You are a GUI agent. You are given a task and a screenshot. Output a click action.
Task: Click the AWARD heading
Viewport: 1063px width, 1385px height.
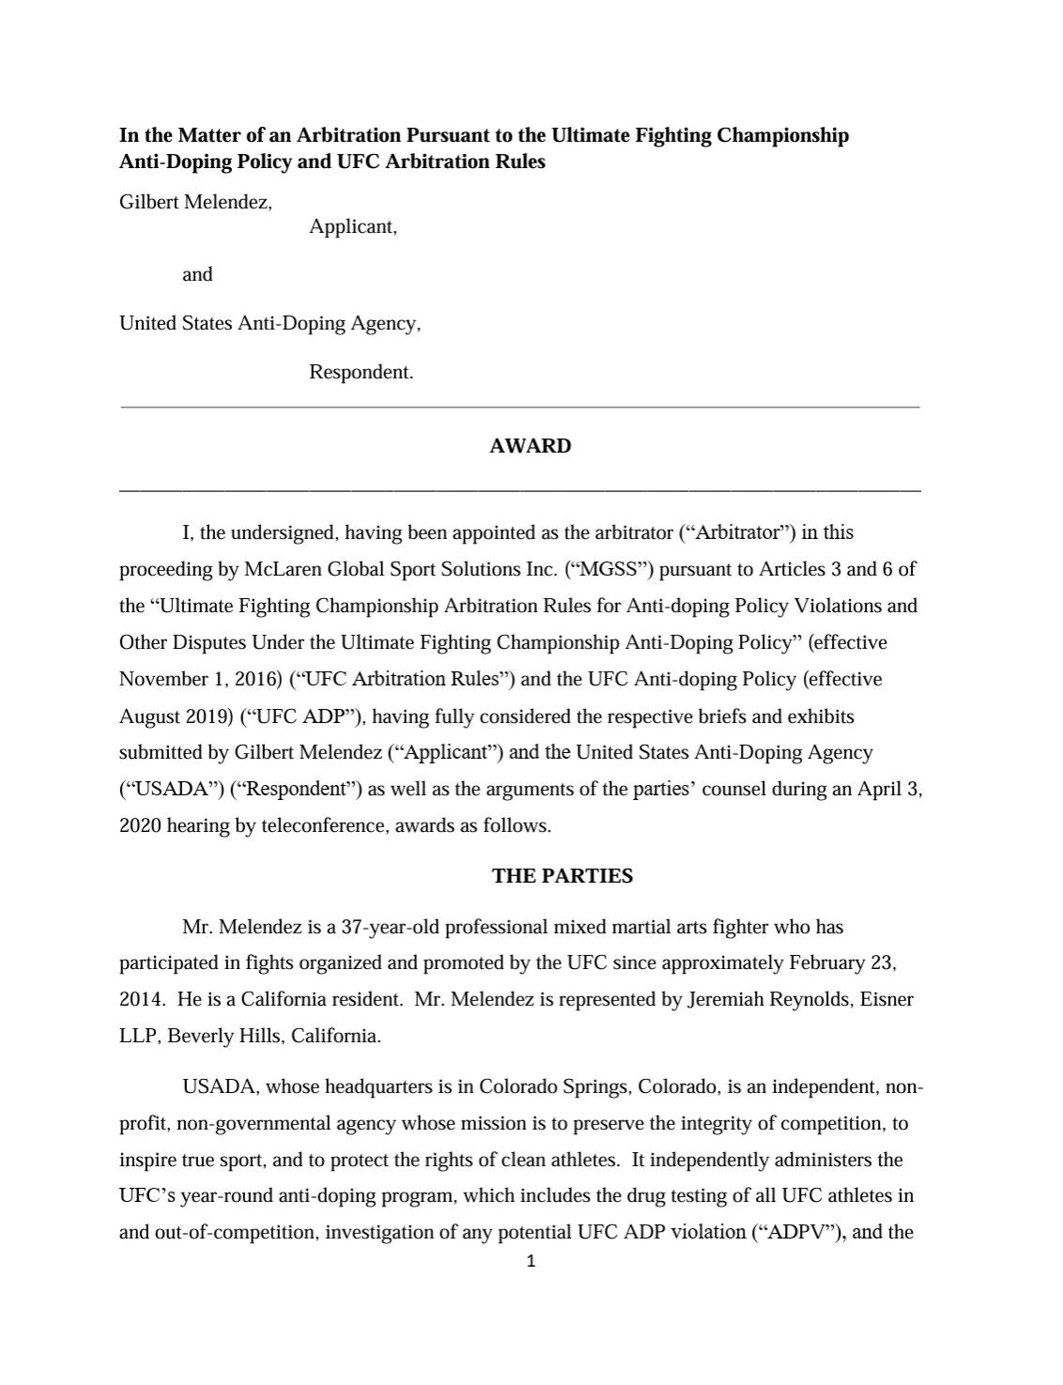point(530,446)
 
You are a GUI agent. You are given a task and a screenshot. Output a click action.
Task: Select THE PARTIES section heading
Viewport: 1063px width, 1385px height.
point(562,876)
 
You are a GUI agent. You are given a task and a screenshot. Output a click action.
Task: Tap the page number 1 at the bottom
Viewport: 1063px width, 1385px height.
point(531,1262)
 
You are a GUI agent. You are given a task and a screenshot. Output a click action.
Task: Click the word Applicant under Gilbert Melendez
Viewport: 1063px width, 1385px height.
point(351,226)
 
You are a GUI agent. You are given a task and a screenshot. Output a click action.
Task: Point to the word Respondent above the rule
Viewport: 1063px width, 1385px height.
point(360,372)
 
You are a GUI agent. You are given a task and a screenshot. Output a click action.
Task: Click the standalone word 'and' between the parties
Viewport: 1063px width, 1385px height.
point(197,274)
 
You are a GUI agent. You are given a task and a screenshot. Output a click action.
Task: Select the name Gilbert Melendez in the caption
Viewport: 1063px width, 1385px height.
point(194,202)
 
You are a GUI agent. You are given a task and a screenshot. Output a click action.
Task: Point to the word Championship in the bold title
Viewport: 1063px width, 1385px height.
point(782,135)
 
